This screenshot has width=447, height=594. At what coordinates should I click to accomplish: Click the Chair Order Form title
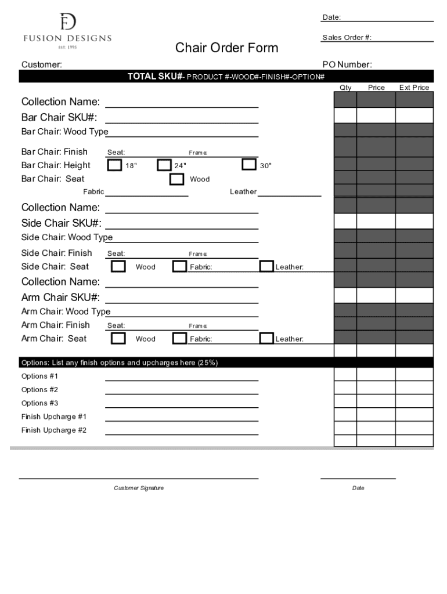point(226,48)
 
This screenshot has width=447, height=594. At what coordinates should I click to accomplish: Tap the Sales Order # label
point(347,38)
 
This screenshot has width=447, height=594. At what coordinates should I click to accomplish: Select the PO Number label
point(347,64)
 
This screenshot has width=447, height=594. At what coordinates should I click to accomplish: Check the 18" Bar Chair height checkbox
point(115,165)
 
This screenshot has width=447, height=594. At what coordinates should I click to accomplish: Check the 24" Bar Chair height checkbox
point(164,165)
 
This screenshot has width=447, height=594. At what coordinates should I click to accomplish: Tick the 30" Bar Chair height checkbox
point(249,164)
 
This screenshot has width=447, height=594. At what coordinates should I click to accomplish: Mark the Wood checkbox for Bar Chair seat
point(176,179)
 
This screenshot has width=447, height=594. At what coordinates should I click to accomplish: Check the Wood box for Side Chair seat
point(118,266)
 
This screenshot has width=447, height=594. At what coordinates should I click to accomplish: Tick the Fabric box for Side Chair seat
point(179,266)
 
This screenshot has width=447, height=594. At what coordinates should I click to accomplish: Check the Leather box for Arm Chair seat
point(266,338)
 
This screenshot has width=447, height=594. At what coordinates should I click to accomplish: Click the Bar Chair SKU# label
point(59,118)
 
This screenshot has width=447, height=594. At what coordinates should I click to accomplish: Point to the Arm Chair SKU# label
point(60,298)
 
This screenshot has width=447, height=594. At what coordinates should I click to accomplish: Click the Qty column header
point(345,88)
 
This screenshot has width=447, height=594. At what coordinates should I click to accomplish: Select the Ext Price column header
point(414,88)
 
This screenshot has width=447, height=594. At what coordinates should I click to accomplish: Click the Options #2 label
point(39,390)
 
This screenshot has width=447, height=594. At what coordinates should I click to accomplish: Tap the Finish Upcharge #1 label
point(54,416)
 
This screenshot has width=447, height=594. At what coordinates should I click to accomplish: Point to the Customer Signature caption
point(139,488)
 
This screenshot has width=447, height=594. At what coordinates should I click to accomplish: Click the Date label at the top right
point(331,17)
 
